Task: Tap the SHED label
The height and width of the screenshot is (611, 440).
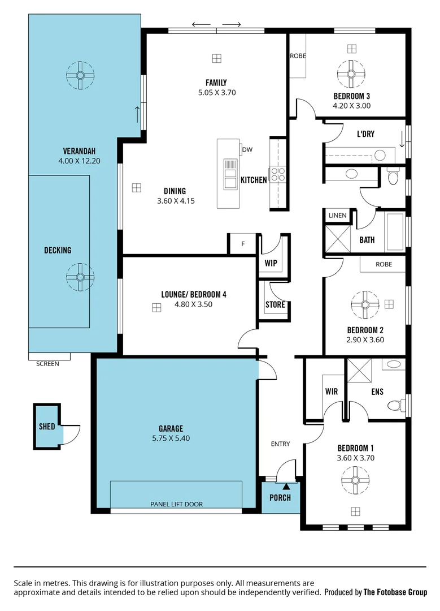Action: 47,426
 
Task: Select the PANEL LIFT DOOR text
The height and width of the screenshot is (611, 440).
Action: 176,504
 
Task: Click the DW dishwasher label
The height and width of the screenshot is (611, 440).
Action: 247,150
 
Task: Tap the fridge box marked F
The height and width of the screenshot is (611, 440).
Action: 243,244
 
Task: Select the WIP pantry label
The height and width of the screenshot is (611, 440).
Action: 271,263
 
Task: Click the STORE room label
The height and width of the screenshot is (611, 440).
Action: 275,305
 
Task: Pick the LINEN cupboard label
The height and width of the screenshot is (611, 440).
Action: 338,216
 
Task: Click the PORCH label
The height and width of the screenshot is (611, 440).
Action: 280,498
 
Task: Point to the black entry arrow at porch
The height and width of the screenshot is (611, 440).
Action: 286,485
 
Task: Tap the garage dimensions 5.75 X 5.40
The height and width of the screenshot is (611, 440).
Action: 171,438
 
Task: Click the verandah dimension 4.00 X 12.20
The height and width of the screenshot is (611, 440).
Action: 79,161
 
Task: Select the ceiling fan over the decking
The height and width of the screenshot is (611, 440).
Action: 80,277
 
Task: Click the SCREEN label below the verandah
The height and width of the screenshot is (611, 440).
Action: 47,364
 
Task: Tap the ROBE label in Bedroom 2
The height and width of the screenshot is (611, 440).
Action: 384,264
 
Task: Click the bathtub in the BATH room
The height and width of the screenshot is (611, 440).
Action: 395,231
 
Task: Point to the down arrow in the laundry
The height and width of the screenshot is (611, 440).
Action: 402,139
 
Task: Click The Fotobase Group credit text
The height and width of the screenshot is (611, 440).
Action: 395,592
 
